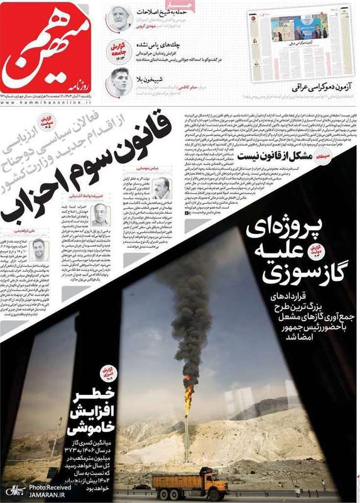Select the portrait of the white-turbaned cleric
coord(119,19)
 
